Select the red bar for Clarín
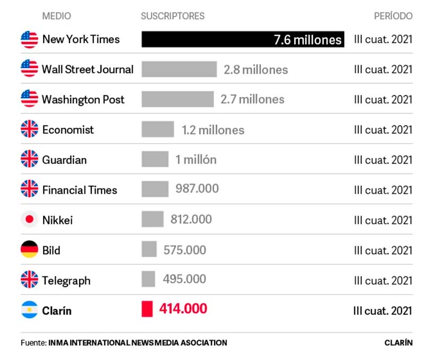[x=147, y=309]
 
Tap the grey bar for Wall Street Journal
[x=179, y=69]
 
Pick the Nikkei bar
[x=152, y=220]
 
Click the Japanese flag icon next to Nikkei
[x=29, y=220]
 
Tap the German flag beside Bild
[x=29, y=250]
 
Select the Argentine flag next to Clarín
[x=29, y=310]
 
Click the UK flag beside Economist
[x=29, y=129]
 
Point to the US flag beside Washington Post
[x=29, y=99]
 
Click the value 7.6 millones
[x=308, y=40]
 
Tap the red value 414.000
[x=183, y=309]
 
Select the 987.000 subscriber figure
[x=197, y=189]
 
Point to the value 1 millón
[x=196, y=160]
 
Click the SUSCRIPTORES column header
[x=172, y=16]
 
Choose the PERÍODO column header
[x=393, y=16]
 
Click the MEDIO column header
[x=56, y=16]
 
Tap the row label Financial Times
[x=80, y=190]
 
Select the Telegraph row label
[x=66, y=280]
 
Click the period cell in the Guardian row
[x=383, y=160]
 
